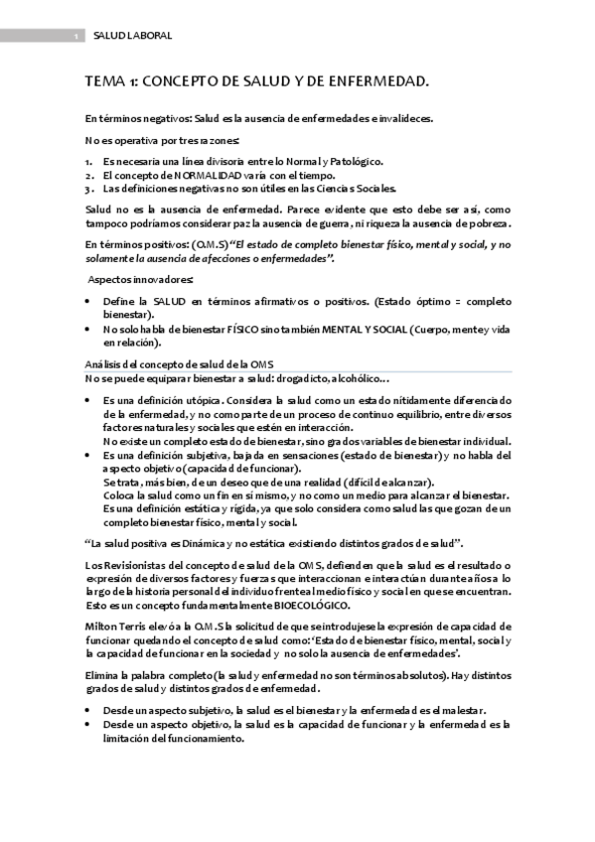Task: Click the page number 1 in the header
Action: point(76,37)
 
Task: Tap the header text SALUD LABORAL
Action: point(132,36)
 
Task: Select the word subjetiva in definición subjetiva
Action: point(199,455)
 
